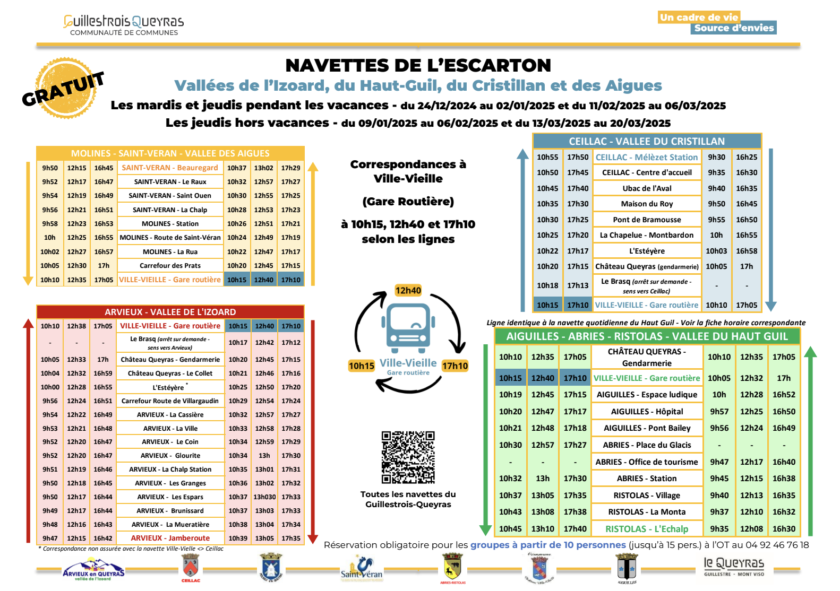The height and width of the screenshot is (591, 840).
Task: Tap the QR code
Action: pos(408,457)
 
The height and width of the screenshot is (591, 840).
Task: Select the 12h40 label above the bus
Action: pos(408,290)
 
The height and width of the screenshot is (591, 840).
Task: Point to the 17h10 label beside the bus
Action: pos(455,366)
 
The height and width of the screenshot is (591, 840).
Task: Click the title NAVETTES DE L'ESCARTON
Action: pos(418,65)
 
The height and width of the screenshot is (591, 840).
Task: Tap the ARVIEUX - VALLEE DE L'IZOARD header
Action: pos(170,312)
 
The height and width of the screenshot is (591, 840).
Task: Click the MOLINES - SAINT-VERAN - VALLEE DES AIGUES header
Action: pos(170,153)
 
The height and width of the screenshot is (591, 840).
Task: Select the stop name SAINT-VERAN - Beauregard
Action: pos(170,168)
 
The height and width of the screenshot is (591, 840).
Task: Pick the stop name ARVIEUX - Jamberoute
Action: pos(170,538)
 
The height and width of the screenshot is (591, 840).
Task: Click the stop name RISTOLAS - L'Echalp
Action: pos(647,529)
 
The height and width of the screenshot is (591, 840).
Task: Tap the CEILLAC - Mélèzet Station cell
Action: pos(646,157)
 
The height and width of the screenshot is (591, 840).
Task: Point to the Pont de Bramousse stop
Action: pos(646,220)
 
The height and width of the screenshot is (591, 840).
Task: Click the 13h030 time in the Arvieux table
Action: pos(264,497)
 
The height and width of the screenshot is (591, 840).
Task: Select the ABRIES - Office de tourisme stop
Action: pos(646,462)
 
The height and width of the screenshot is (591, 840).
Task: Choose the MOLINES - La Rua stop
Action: pos(170,252)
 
